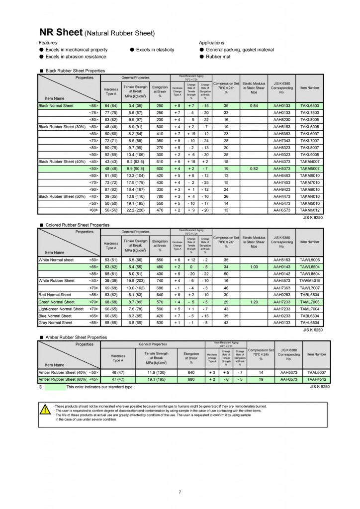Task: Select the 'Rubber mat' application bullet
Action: [x=218, y=57]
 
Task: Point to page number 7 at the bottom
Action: [x=180, y=492]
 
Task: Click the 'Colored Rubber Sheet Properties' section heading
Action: [x=77, y=225]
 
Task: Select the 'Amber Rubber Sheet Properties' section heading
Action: [x=76, y=337]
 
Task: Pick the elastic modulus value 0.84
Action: [x=254, y=106]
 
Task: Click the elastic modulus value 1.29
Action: [x=254, y=302]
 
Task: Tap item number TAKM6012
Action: [x=310, y=210]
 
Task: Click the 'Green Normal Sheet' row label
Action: [x=57, y=302]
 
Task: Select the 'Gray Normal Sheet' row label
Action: [x=55, y=323]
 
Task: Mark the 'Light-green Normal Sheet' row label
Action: [x=61, y=309]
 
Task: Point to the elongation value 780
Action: [x=160, y=196]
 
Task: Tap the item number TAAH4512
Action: [x=316, y=379]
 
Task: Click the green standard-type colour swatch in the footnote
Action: [x=55, y=386]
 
